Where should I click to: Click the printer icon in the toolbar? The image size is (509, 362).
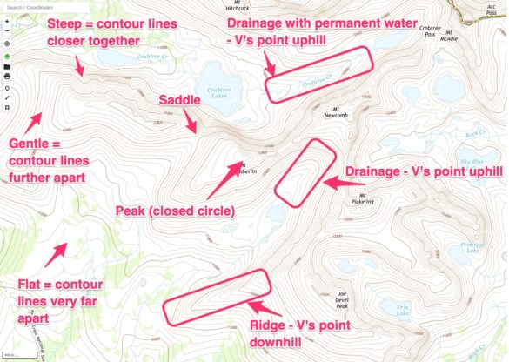pyautogui.click(x=7, y=77)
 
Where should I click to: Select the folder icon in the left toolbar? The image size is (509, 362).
pyautogui.click(x=7, y=66)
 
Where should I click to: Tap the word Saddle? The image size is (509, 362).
pyautogui.click(x=179, y=101)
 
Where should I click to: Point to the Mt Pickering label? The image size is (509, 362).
pyautogui.click(x=366, y=198)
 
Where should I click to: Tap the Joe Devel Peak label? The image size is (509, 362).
pyautogui.click(x=342, y=301)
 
